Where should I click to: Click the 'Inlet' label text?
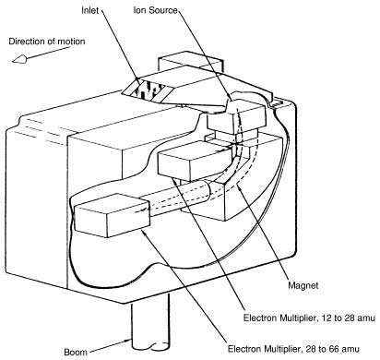click(89, 10)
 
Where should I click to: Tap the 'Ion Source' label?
click(155, 10)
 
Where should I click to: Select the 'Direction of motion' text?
click(47, 42)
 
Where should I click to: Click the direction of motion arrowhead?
click(19, 59)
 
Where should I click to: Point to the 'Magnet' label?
click(303, 285)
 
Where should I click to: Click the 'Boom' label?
click(76, 352)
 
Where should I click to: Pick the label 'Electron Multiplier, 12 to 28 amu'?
click(309, 318)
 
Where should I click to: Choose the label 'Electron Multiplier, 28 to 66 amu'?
click(293, 349)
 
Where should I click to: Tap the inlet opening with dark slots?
click(148, 90)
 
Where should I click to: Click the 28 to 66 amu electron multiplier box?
click(113, 215)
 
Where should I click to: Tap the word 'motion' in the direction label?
click(72, 42)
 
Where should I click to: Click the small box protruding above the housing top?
click(191, 62)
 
